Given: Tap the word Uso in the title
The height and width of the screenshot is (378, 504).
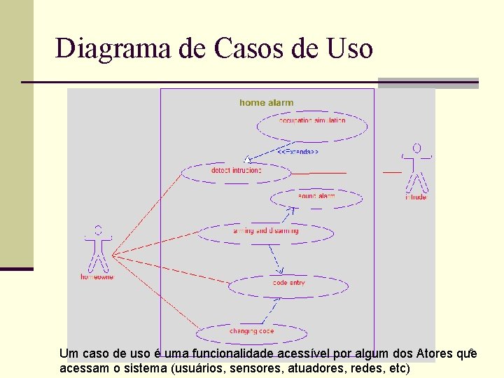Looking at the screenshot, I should (x=349, y=49).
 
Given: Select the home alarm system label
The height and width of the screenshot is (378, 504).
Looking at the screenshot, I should (x=267, y=103).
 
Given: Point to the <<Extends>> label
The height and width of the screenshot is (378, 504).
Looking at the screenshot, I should (x=297, y=151).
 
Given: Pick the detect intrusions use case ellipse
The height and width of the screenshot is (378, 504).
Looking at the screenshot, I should (x=235, y=171).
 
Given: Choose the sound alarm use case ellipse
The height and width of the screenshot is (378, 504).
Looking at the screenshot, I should (x=316, y=198).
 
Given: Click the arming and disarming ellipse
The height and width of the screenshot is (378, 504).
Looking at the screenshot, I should (x=265, y=232).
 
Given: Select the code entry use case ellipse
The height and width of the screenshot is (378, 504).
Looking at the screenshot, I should (x=288, y=284).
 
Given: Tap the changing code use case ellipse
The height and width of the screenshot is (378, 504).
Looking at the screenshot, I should (x=251, y=332).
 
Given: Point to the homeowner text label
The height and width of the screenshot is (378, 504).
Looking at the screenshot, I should (x=97, y=277).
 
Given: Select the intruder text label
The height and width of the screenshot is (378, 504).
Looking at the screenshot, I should (x=416, y=197).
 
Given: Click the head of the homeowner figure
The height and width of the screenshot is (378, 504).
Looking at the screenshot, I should (x=98, y=229).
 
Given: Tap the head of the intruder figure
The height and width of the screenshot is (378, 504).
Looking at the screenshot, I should (x=417, y=148).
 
